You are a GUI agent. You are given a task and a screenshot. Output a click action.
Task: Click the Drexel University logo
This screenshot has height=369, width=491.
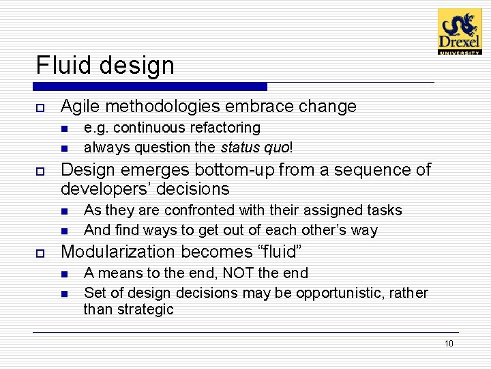tap(459, 31)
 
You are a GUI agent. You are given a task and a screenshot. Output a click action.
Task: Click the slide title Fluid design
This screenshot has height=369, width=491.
tap(105, 66)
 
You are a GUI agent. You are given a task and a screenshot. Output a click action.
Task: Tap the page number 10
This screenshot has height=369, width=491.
tap(449, 343)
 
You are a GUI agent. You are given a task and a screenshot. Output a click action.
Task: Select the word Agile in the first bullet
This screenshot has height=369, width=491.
tap(78, 107)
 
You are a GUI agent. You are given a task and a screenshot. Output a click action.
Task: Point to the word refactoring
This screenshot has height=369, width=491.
tap(228, 128)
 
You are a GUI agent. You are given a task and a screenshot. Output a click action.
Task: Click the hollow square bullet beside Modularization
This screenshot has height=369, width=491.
tap(40, 253)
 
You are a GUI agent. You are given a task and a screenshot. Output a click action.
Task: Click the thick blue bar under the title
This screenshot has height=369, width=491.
tap(150, 87)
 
